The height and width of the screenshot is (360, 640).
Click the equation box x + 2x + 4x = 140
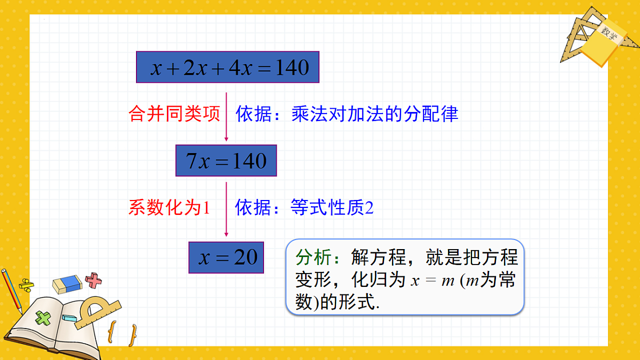tap(228, 67)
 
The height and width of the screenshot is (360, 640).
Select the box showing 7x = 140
tap(226, 161)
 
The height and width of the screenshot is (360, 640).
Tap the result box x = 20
tap(226, 258)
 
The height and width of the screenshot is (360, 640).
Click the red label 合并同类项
tap(174, 114)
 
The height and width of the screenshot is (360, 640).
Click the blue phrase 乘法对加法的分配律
tap(375, 114)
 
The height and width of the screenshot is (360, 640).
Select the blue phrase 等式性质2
tap(332, 207)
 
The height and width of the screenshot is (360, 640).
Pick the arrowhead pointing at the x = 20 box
tap(226, 234)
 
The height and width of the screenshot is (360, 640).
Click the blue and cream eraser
tap(67, 284)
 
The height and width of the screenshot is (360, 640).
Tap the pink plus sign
tap(94, 280)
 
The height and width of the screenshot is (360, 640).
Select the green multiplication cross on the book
tap(42, 318)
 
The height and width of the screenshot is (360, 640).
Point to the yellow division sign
tap(26, 284)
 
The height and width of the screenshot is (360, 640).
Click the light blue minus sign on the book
tap(69, 318)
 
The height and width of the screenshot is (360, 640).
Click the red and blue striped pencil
tap(11, 291)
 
